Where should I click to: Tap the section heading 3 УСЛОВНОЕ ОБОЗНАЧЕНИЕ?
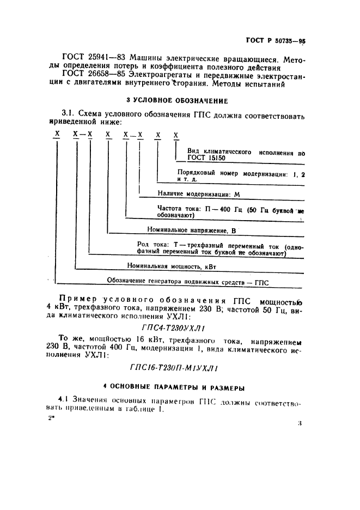tap(177, 100)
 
